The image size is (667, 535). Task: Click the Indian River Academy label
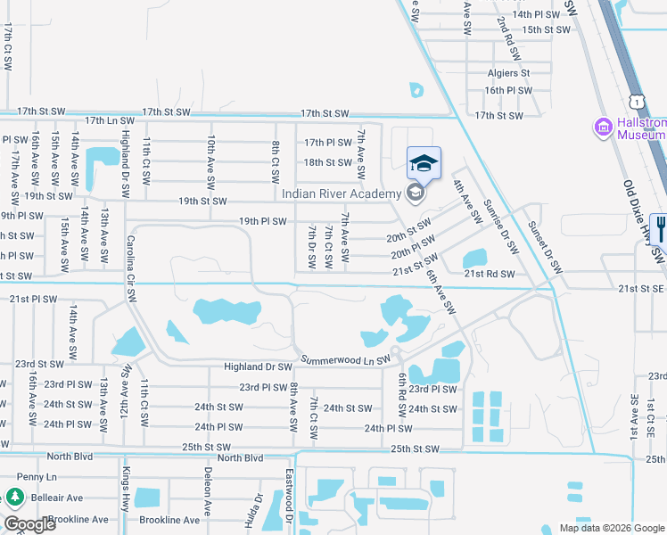tap(343, 194)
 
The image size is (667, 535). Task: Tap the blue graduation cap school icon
tap(424, 163)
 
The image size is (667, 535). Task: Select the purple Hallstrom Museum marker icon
tap(604, 128)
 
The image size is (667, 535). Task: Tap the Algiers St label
tap(508, 73)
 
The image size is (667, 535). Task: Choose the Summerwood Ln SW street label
tap(345, 360)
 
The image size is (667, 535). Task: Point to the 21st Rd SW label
tap(490, 275)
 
